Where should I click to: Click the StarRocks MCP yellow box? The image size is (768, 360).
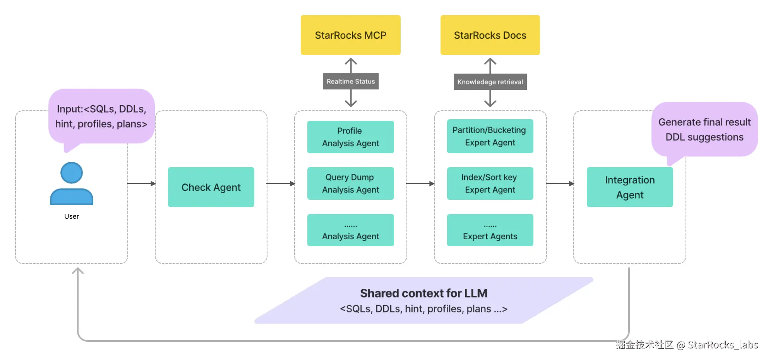(350, 35)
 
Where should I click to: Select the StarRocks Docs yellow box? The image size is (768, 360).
(490, 35)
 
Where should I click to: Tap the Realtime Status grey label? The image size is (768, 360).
(351, 81)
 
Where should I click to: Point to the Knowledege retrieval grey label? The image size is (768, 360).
(490, 82)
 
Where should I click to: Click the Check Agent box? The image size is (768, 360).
(211, 187)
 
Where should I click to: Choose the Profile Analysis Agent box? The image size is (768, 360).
(350, 137)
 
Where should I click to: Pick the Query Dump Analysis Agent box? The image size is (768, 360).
(350, 183)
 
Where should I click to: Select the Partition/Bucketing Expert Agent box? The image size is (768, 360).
(490, 136)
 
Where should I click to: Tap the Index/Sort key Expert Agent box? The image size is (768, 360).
(490, 183)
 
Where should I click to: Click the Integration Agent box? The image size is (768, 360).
(630, 187)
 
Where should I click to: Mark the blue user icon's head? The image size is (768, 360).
(72, 173)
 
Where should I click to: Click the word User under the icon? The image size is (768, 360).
(72, 216)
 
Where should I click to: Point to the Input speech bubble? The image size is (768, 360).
(101, 116)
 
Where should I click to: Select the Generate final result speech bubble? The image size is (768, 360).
(705, 129)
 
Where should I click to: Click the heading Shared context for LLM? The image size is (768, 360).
(423, 293)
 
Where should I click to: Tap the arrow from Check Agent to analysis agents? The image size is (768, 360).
(281, 183)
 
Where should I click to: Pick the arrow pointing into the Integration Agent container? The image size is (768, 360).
(560, 183)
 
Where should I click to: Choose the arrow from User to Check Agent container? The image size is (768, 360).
(141, 183)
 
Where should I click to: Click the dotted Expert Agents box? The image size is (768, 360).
(490, 230)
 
